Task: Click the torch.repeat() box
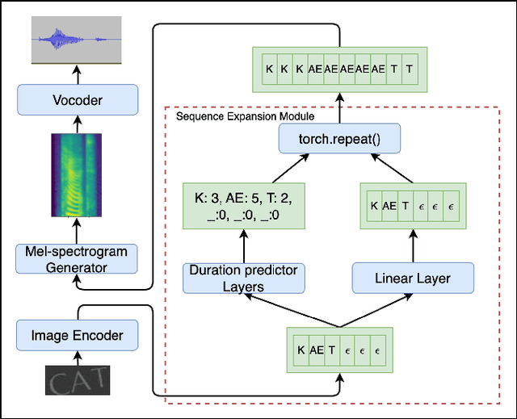pos(340,141)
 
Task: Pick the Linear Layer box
pos(413,279)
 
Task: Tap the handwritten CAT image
pos(75,379)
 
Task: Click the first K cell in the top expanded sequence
pos(269,69)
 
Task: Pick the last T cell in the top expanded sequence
pos(410,69)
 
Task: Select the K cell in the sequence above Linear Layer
pos(374,206)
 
